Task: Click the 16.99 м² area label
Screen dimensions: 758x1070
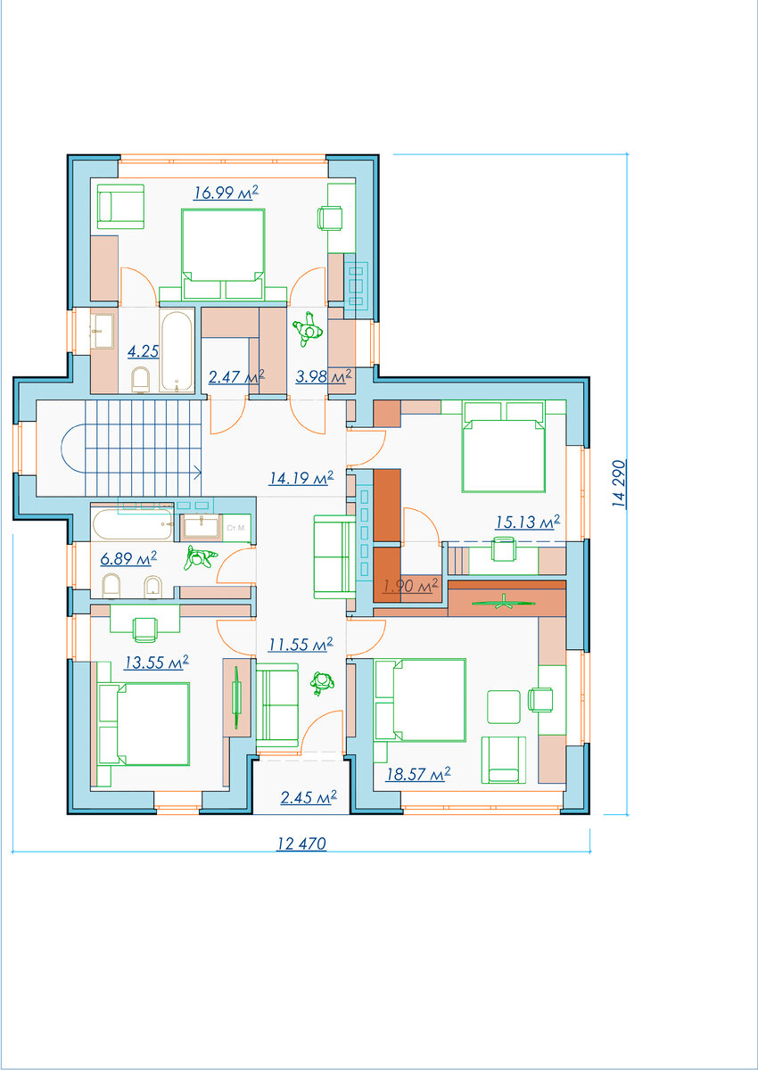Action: pyautogui.click(x=226, y=193)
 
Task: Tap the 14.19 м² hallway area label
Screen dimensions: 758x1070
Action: pyautogui.click(x=301, y=478)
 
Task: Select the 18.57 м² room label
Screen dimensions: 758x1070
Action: pyautogui.click(x=418, y=774)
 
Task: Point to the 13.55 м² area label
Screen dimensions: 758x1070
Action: pyautogui.click(x=156, y=662)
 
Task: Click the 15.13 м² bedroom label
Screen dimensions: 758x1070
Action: pyautogui.click(x=527, y=523)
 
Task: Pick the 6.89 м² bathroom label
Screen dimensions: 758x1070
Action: pyautogui.click(x=128, y=558)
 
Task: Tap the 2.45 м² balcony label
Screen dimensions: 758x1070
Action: pyautogui.click(x=309, y=797)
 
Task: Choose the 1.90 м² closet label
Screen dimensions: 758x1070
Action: pyautogui.click(x=410, y=586)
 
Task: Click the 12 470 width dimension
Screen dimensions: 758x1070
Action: pyautogui.click(x=301, y=844)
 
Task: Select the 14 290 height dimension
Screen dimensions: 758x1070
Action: pyautogui.click(x=619, y=483)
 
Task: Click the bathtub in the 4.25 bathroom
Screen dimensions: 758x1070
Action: pyautogui.click(x=177, y=351)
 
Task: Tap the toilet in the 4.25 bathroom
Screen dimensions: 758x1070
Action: pyautogui.click(x=140, y=379)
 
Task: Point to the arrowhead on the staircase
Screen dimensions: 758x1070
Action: pyautogui.click(x=198, y=473)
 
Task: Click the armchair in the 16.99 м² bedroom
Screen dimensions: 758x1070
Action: pyautogui.click(x=120, y=207)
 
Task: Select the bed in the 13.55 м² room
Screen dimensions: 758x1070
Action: pyautogui.click(x=144, y=724)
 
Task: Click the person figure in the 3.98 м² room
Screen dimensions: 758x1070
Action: pyautogui.click(x=307, y=329)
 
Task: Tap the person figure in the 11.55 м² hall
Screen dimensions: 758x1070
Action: pyautogui.click(x=322, y=683)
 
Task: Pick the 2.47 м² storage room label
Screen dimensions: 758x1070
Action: pyautogui.click(x=236, y=376)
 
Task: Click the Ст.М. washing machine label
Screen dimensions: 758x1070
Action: pyautogui.click(x=236, y=528)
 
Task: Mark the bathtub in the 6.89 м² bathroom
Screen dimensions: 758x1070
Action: pyautogui.click(x=133, y=524)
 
